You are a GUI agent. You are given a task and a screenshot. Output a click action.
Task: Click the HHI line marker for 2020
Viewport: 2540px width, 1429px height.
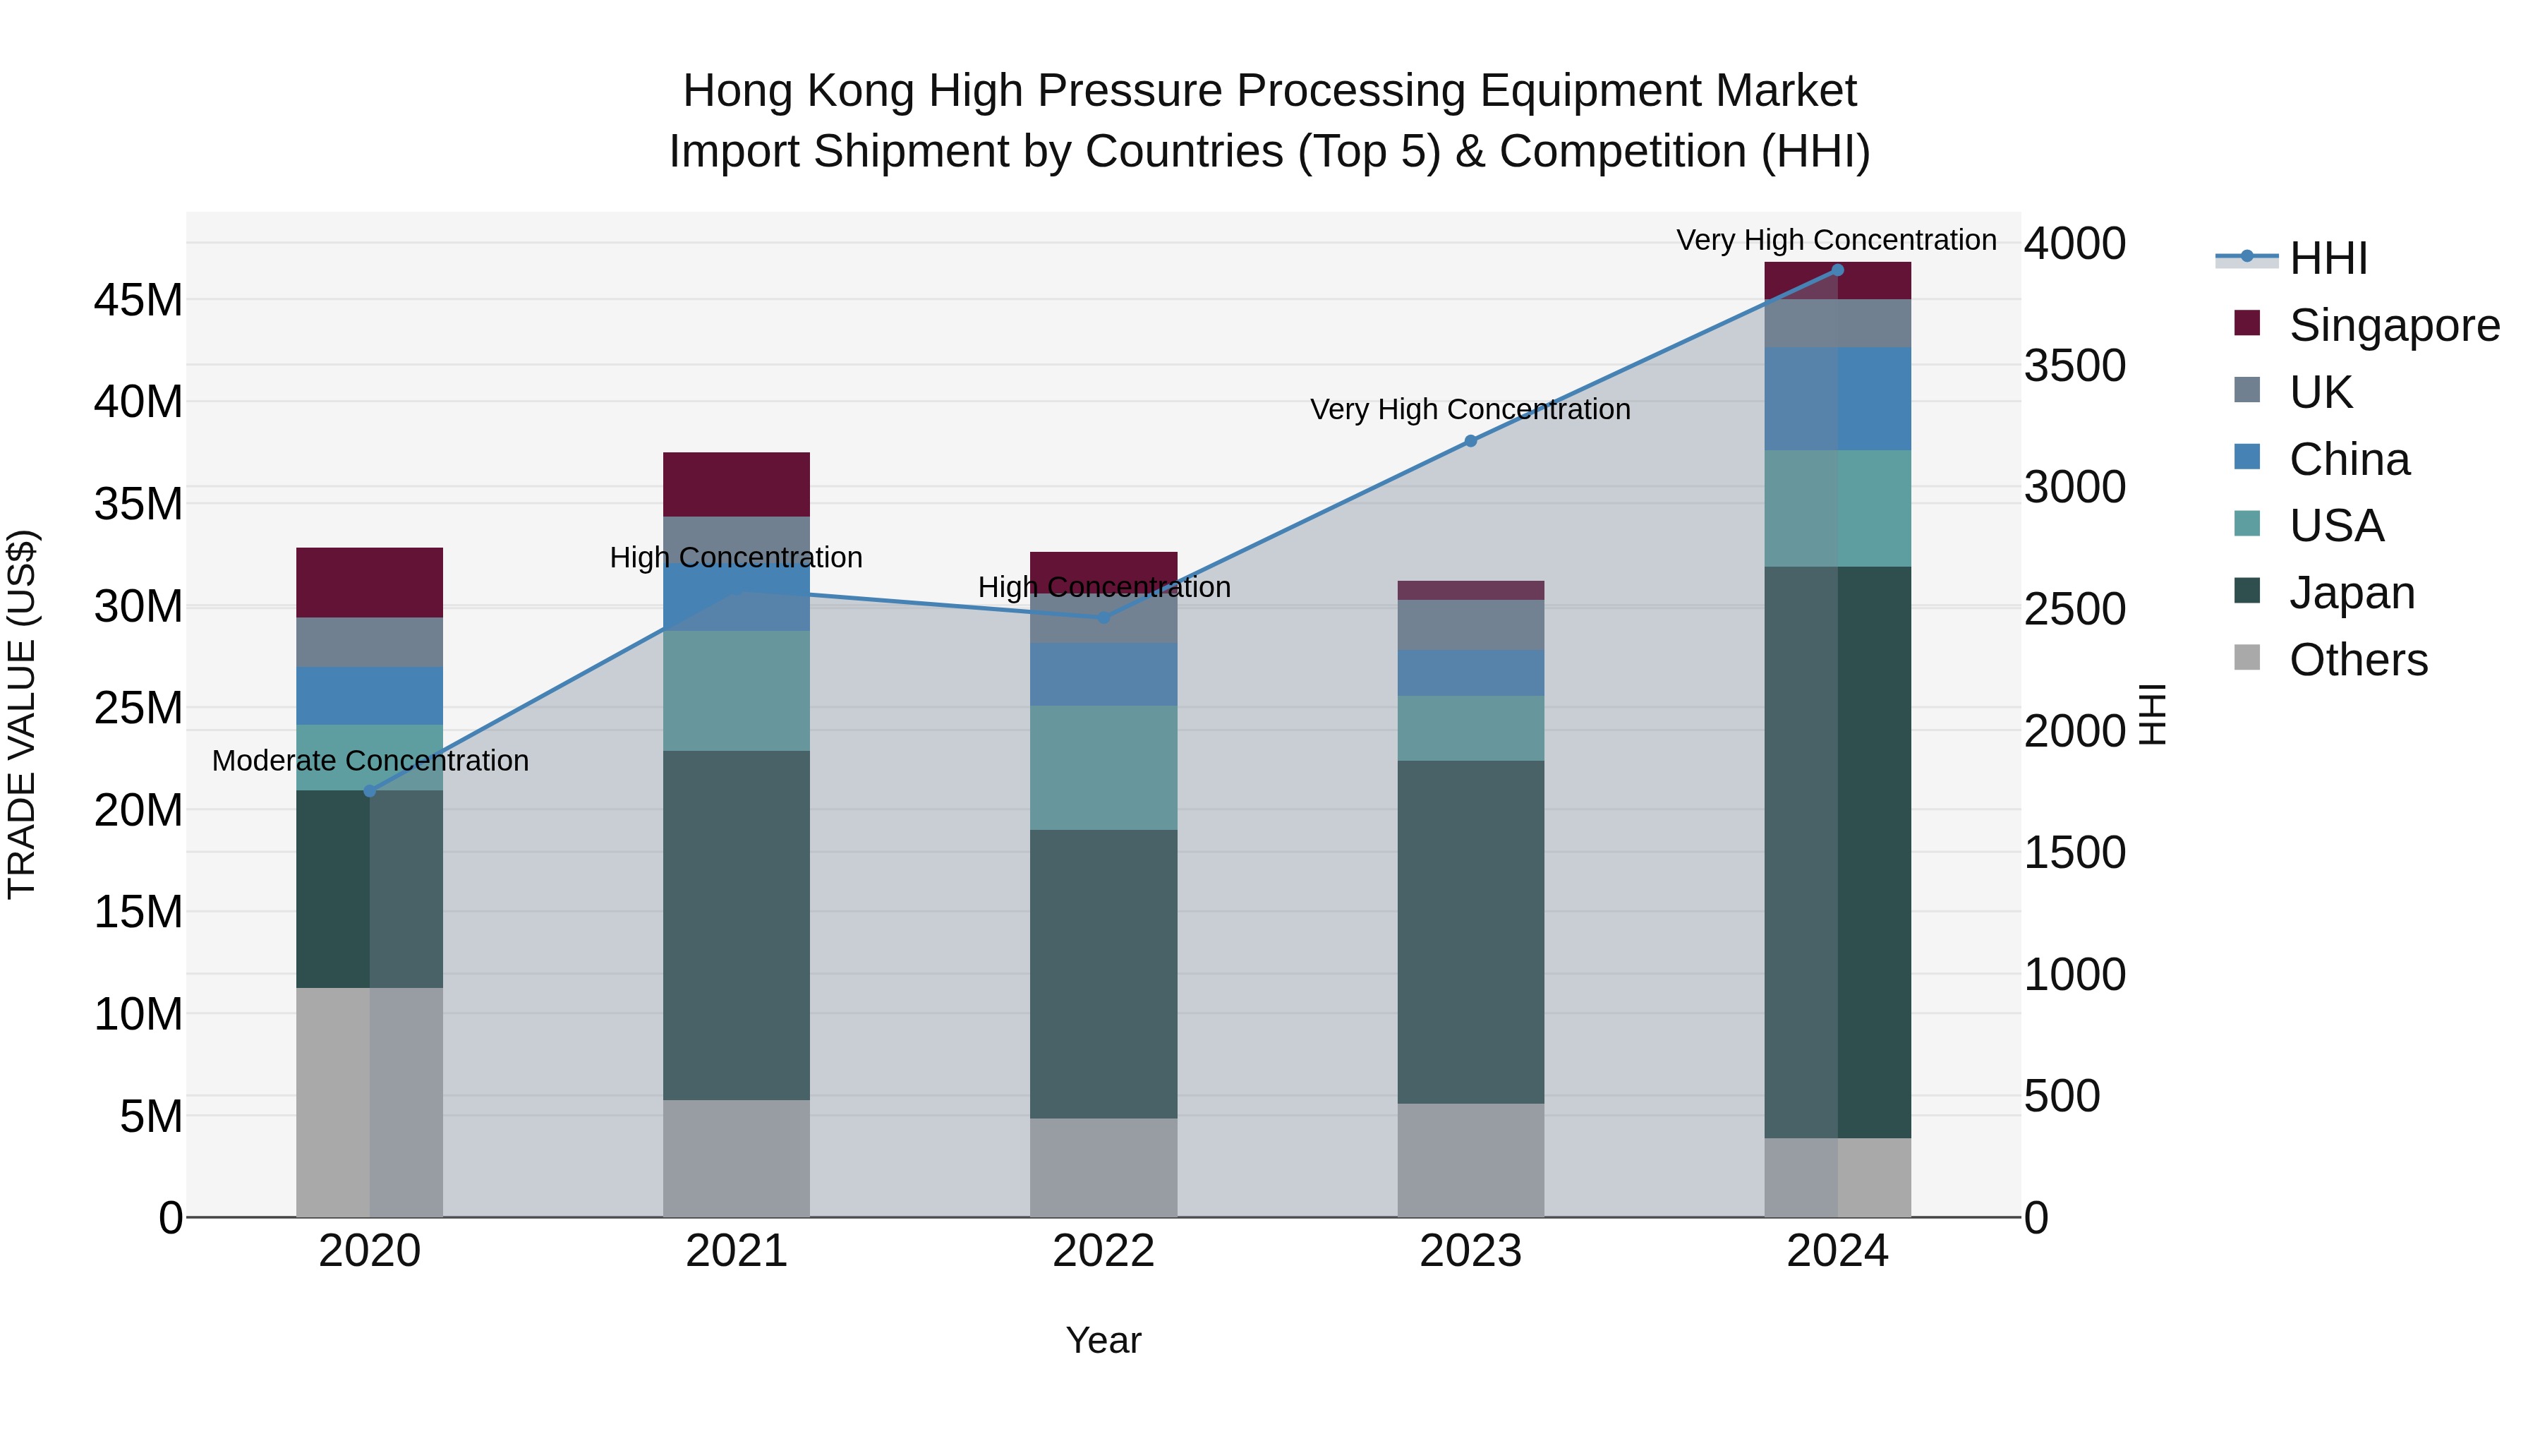coord(370,791)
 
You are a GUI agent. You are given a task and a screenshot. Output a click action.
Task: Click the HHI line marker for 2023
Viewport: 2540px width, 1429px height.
coord(1470,441)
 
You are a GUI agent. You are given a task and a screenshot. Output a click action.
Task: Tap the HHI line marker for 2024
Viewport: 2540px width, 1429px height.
coord(1837,270)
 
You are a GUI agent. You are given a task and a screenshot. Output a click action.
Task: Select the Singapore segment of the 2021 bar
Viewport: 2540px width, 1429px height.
coord(737,484)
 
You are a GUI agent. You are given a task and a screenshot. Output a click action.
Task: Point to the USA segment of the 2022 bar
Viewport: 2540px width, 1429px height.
coord(1103,767)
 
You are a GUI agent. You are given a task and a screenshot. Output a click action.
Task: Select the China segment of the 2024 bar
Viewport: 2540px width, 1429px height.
coord(1837,399)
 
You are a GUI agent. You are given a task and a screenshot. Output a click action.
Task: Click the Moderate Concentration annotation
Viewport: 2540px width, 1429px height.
coord(370,760)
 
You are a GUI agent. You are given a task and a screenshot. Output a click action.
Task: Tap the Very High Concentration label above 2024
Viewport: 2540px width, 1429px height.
coord(1836,240)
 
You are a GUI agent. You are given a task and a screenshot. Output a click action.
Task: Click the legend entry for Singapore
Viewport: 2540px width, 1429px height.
coord(2393,325)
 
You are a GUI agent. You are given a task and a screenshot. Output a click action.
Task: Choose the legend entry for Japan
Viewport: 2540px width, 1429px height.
coord(2351,593)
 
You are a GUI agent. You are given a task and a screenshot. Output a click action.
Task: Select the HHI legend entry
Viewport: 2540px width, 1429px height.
coord(2327,258)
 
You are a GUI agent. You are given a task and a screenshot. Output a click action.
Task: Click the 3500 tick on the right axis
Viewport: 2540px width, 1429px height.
coord(2074,366)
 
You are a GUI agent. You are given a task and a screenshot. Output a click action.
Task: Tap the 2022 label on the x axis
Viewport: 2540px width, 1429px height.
coord(1103,1251)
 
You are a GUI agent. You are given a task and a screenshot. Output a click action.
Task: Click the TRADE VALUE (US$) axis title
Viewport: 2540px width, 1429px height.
coord(22,714)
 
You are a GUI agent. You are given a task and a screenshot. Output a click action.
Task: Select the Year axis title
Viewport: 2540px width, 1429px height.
coord(1103,1340)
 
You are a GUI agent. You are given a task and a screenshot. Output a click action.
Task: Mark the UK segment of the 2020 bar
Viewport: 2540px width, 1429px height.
coord(370,642)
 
